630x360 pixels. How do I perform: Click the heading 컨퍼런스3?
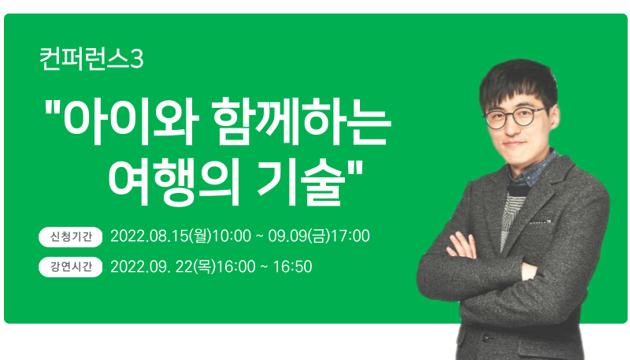point(91,59)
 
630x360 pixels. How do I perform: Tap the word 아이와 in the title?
point(131,121)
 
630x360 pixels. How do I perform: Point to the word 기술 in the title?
point(301,184)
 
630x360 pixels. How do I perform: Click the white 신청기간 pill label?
point(71,236)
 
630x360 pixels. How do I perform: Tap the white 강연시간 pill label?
point(71,266)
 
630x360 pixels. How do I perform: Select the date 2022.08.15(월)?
point(161,236)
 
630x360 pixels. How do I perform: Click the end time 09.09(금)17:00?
point(319,236)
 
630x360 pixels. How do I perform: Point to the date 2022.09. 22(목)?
point(163,266)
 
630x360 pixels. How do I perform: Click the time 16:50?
point(292,266)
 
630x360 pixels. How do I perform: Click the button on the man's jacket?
point(486,336)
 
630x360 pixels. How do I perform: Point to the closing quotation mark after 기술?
point(354,168)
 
